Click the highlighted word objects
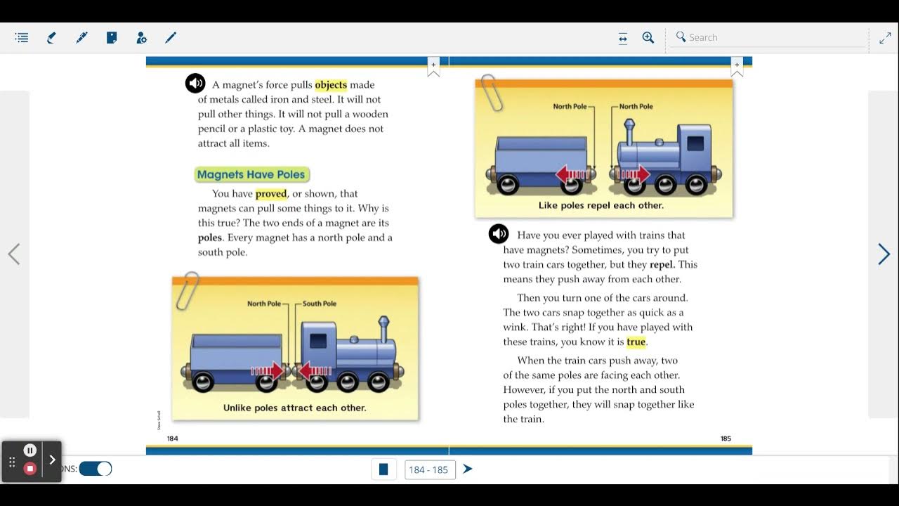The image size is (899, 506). pyautogui.click(x=331, y=85)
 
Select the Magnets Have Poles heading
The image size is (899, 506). pyautogui.click(x=251, y=174)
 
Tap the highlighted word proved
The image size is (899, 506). pyautogui.click(x=271, y=194)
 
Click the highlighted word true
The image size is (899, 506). pyautogui.click(x=636, y=342)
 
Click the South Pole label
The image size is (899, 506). pyautogui.click(x=320, y=304)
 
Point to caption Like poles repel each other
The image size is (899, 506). pyautogui.click(x=601, y=206)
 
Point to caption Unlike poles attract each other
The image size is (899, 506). pyautogui.click(x=294, y=408)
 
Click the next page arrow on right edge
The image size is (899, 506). pyautogui.click(x=884, y=254)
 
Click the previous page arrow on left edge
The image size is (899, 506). pyautogui.click(x=14, y=254)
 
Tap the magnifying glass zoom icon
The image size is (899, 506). pyautogui.click(x=648, y=38)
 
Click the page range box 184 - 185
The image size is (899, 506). pyautogui.click(x=430, y=469)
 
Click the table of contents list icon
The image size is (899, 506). pyautogui.click(x=22, y=38)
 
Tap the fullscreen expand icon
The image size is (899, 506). pyautogui.click(x=885, y=38)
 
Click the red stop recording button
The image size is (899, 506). pyautogui.click(x=30, y=469)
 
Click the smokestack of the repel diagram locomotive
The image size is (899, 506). pyautogui.click(x=629, y=131)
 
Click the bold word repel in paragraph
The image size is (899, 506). pyautogui.click(x=662, y=265)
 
